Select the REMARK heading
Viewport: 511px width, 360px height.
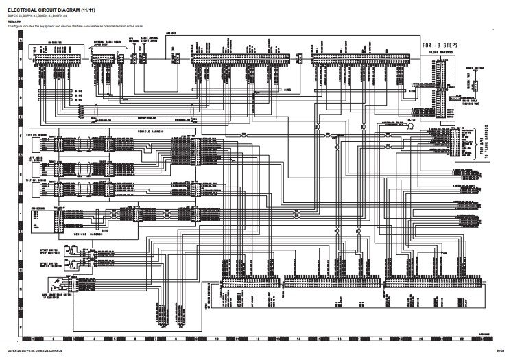[x=13, y=21]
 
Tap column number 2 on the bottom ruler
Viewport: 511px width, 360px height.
[x=53, y=339]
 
